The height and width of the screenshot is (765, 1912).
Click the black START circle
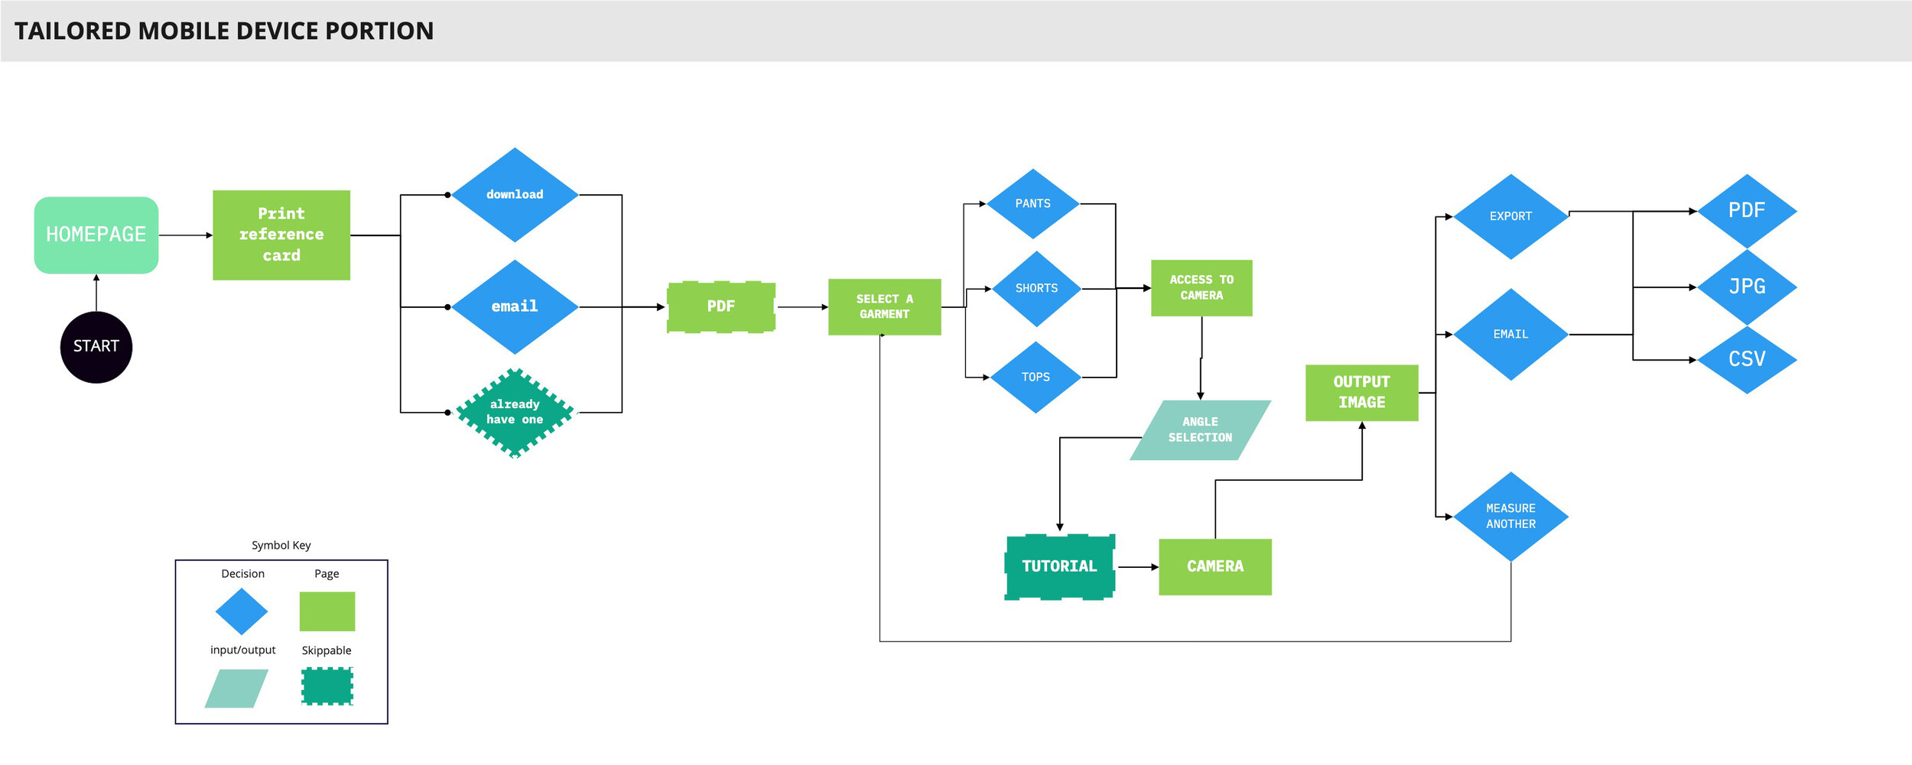click(96, 347)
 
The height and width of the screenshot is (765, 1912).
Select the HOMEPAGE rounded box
click(96, 235)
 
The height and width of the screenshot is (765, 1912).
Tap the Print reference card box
click(281, 235)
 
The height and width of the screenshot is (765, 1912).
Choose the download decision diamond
click(515, 195)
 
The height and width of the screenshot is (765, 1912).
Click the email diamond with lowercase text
click(515, 306)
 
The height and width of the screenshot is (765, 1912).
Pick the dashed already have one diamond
click(515, 413)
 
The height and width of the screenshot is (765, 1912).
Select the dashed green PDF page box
click(721, 306)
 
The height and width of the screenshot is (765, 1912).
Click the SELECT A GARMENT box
click(884, 306)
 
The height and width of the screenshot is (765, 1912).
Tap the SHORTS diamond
click(1036, 289)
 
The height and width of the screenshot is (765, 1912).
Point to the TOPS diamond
click(1036, 378)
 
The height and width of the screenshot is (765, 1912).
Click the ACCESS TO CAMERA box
click(1202, 288)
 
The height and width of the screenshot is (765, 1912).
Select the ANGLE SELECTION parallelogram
click(1200, 430)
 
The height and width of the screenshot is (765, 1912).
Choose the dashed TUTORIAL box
click(1059, 566)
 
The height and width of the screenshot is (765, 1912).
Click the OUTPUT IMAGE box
click(1361, 392)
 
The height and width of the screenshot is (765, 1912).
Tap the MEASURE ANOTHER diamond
click(1510, 516)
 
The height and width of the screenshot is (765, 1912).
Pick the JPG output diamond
click(1747, 287)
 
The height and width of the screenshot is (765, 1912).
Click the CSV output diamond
click(1747, 359)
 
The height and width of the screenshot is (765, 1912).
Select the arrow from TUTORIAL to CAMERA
click(1137, 567)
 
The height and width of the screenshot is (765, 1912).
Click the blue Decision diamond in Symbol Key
click(242, 611)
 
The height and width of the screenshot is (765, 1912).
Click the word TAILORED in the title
click(73, 31)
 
